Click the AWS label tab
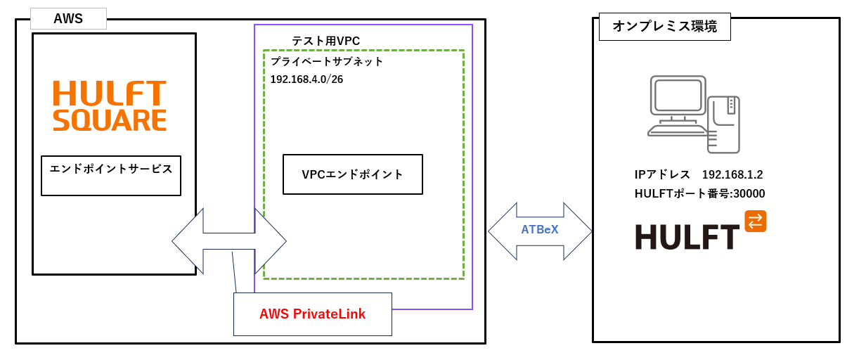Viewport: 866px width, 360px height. [x=68, y=19]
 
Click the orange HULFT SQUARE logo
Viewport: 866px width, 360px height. [x=110, y=105]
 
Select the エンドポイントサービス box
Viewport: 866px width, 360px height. [x=111, y=175]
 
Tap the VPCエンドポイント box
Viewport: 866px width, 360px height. [x=352, y=174]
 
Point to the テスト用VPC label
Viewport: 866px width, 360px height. [x=325, y=41]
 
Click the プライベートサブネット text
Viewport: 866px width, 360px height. [x=327, y=61]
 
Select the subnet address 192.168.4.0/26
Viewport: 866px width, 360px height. [x=306, y=79]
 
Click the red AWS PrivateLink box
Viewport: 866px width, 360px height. [x=312, y=314]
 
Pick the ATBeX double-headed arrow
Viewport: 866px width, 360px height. [x=540, y=231]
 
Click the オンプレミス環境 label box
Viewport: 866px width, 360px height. [x=664, y=27]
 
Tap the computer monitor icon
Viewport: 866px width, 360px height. [x=678, y=96]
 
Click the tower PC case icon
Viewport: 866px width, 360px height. [x=723, y=124]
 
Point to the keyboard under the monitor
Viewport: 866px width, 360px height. [x=678, y=131]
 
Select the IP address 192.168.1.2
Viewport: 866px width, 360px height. [x=732, y=174]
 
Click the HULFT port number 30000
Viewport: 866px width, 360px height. [x=748, y=193]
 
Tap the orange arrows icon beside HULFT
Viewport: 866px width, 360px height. [x=755, y=221]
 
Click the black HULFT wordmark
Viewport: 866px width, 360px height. [x=687, y=236]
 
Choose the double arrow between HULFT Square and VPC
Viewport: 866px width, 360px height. [x=229, y=241]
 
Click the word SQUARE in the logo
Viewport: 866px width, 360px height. [x=110, y=120]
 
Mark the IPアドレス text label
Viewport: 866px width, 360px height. [x=662, y=174]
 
